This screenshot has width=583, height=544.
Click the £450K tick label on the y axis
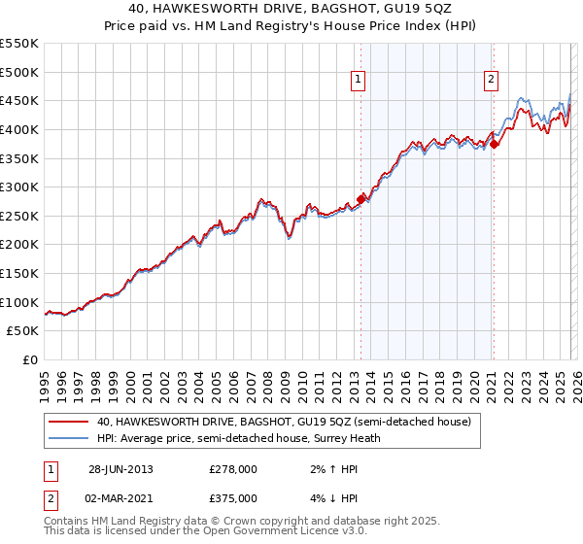(x=19, y=100)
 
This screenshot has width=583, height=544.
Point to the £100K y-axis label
(x=19, y=302)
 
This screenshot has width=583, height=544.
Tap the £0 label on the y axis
(x=30, y=359)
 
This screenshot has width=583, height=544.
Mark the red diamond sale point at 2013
(x=361, y=199)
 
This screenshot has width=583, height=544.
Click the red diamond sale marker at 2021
(x=494, y=144)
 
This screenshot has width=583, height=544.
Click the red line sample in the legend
(x=69, y=422)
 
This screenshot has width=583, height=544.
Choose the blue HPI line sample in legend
(x=69, y=438)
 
